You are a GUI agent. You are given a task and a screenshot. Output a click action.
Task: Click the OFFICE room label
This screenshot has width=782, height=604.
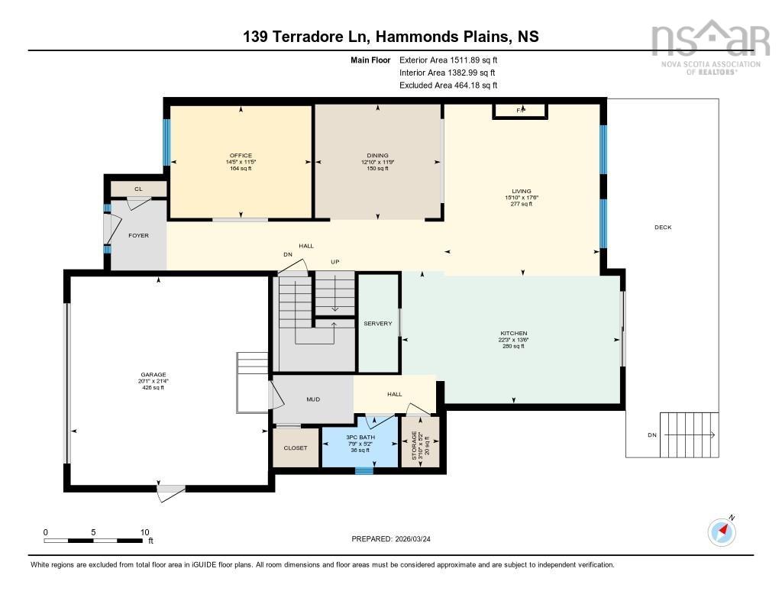click(241, 156)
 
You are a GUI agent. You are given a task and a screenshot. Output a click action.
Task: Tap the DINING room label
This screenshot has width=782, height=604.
click(377, 156)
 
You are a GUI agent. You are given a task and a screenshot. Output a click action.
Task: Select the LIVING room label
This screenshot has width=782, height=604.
click(522, 192)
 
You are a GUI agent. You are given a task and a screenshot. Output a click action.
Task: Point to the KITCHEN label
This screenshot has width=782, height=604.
click(513, 334)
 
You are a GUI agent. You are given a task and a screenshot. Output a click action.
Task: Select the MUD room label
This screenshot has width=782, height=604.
click(313, 399)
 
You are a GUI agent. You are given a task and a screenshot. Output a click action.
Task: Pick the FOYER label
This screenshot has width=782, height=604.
click(138, 236)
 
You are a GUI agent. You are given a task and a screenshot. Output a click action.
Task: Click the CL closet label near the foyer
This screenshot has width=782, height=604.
click(138, 189)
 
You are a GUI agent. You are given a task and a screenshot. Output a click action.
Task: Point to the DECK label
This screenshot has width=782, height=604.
click(662, 228)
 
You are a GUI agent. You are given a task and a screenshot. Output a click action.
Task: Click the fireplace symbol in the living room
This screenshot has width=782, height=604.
click(520, 111)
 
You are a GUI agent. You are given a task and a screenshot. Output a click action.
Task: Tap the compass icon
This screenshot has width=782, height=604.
click(722, 531)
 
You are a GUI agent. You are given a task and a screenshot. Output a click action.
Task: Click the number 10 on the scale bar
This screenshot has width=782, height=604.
click(144, 532)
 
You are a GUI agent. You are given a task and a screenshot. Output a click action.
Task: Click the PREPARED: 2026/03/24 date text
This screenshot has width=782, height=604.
click(396, 539)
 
